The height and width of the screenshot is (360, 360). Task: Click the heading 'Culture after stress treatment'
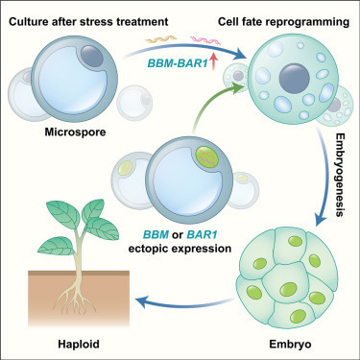tap(88, 12)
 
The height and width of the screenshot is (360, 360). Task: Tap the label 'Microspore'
tap(74, 132)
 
